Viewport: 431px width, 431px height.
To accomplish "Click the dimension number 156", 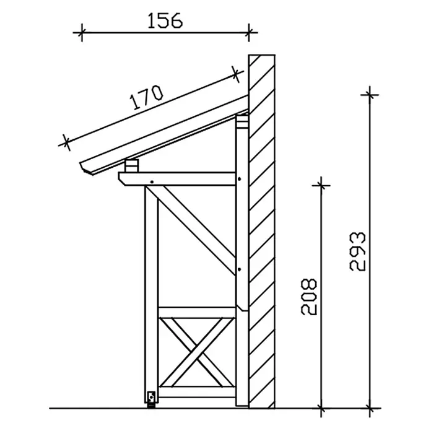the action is tap(165, 20).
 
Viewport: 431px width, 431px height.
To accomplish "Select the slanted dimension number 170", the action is tap(147, 97).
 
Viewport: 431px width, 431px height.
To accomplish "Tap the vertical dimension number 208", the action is tap(309, 297).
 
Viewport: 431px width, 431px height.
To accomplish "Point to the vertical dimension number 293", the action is tap(357, 252).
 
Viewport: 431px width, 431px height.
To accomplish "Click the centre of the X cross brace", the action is tap(197, 352).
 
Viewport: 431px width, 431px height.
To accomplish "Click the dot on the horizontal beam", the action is tap(152, 182).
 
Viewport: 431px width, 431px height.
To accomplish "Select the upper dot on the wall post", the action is tap(240, 179).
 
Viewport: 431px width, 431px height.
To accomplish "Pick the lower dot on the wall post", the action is tap(240, 269).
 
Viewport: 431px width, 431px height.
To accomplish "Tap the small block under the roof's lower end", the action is tap(131, 166).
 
